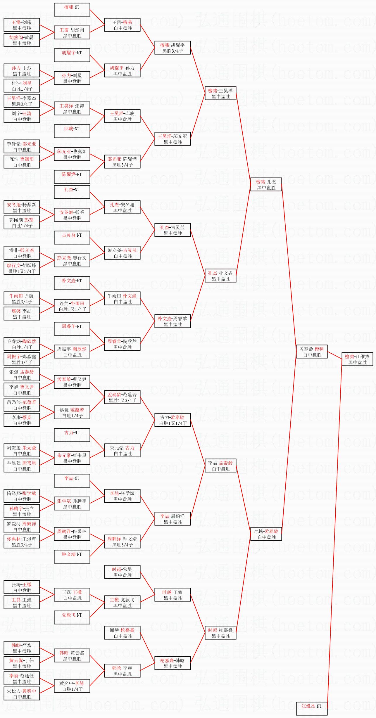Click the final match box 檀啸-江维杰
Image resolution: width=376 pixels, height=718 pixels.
tap(357, 359)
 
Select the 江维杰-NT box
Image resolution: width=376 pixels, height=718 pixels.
tap(311, 709)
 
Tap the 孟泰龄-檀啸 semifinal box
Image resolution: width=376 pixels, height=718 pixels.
tap(312, 352)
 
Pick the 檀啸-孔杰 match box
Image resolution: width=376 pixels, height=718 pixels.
tap(266, 184)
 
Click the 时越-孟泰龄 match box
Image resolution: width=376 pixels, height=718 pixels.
tap(266, 534)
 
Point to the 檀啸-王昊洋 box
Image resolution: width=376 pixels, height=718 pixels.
tap(220, 93)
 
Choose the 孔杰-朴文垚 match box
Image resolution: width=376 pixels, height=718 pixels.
tap(220, 276)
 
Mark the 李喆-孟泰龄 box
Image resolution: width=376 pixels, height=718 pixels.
tap(220, 466)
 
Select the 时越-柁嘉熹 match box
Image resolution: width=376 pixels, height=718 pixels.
tap(220, 633)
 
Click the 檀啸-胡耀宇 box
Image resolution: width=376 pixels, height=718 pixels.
tap(173, 48)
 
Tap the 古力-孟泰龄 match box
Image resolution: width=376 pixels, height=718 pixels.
tap(173, 420)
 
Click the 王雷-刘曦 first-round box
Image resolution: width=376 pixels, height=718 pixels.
tap(22, 25)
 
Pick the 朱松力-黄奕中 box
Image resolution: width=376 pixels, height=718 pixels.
tap(22, 693)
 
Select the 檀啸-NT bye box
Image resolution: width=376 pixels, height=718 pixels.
tap(72, 10)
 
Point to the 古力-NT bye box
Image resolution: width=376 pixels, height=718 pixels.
tap(72, 435)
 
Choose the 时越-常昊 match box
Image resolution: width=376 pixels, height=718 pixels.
tap(122, 572)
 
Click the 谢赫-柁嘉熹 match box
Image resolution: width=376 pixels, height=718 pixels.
tap(122, 633)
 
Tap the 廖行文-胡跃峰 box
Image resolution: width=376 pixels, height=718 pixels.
tap(22, 268)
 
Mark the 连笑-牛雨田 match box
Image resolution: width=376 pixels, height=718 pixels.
tap(72, 306)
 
